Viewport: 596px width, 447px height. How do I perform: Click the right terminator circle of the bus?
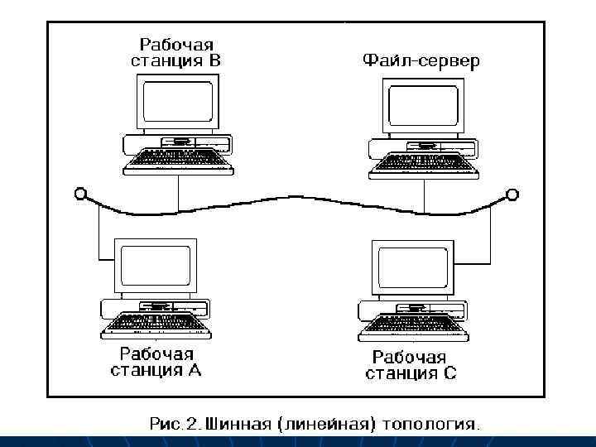[513, 195]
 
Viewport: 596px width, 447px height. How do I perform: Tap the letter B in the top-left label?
[214, 60]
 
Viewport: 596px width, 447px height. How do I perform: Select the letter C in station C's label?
[449, 373]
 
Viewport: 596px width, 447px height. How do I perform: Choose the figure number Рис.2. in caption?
[175, 425]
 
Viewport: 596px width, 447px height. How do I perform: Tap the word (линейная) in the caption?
[330, 425]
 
